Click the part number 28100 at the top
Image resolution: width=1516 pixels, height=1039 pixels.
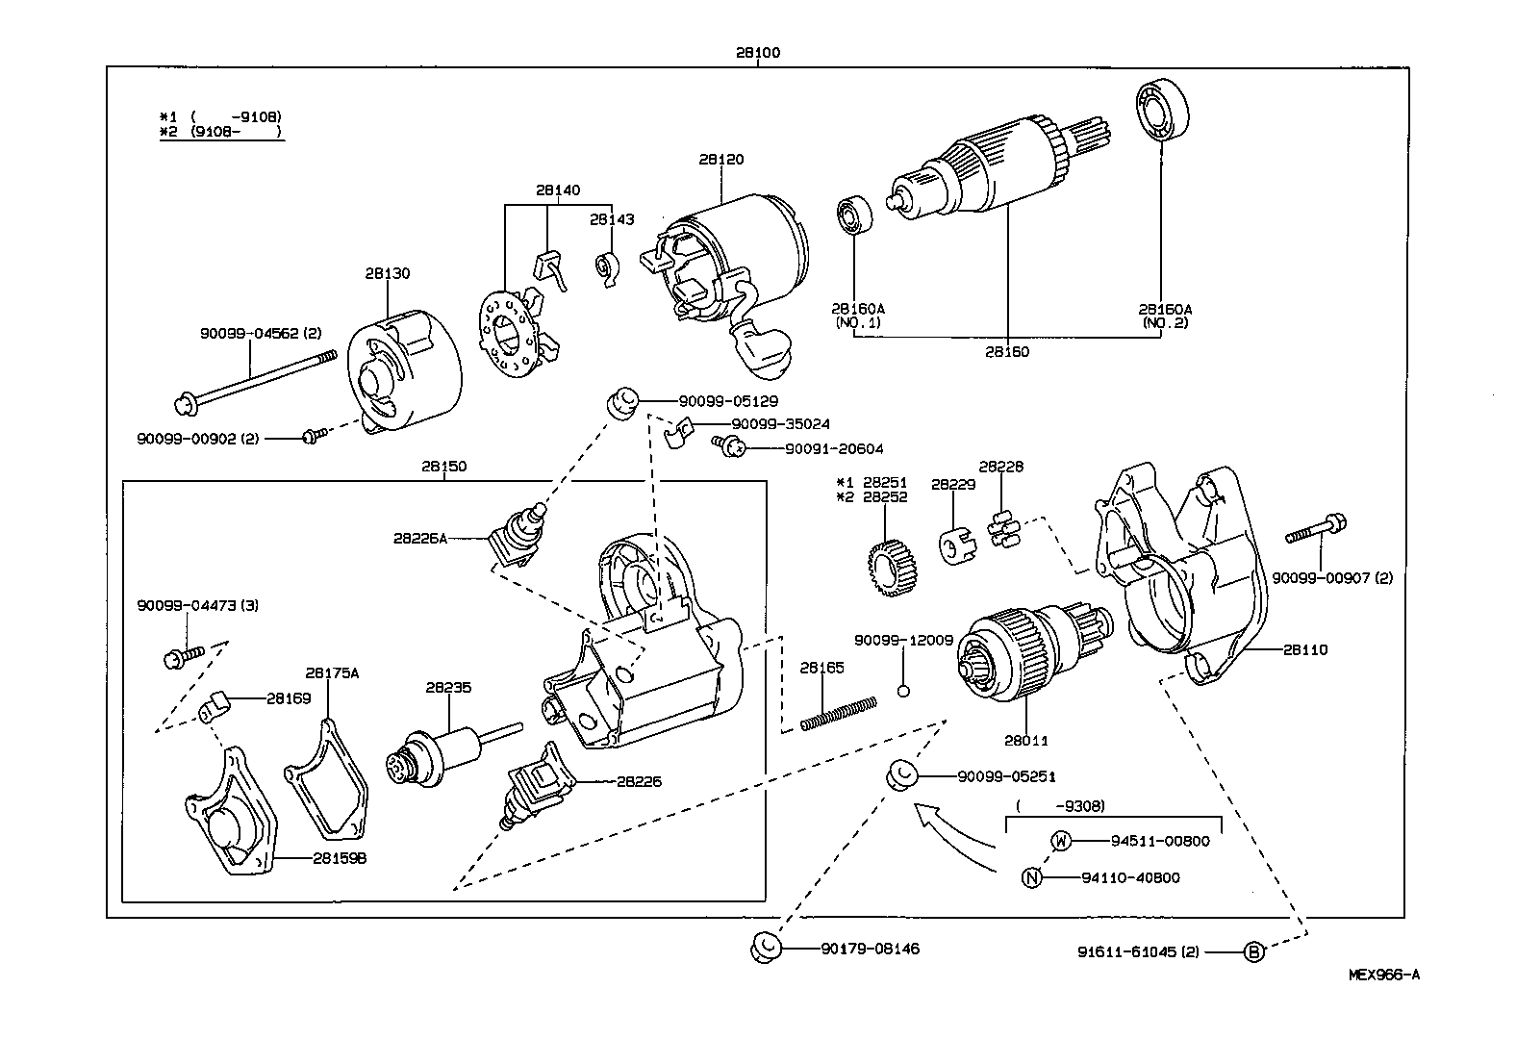click(757, 53)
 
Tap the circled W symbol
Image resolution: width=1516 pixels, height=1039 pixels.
click(1059, 840)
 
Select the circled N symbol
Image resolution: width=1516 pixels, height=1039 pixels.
click(1031, 877)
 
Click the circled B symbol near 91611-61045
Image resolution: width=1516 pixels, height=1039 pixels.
click(1252, 952)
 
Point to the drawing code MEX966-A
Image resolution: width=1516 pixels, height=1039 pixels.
click(1383, 975)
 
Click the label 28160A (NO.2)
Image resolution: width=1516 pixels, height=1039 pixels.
click(1165, 316)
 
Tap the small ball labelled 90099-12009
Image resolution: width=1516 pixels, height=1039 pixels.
click(903, 690)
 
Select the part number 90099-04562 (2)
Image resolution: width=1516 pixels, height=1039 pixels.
click(260, 333)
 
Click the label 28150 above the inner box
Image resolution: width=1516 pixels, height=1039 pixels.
click(443, 467)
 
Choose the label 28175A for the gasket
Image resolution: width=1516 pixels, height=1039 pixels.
click(332, 673)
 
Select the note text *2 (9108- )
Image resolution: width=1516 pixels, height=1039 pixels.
click(221, 131)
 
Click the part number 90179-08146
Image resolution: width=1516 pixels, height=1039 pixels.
click(870, 949)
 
